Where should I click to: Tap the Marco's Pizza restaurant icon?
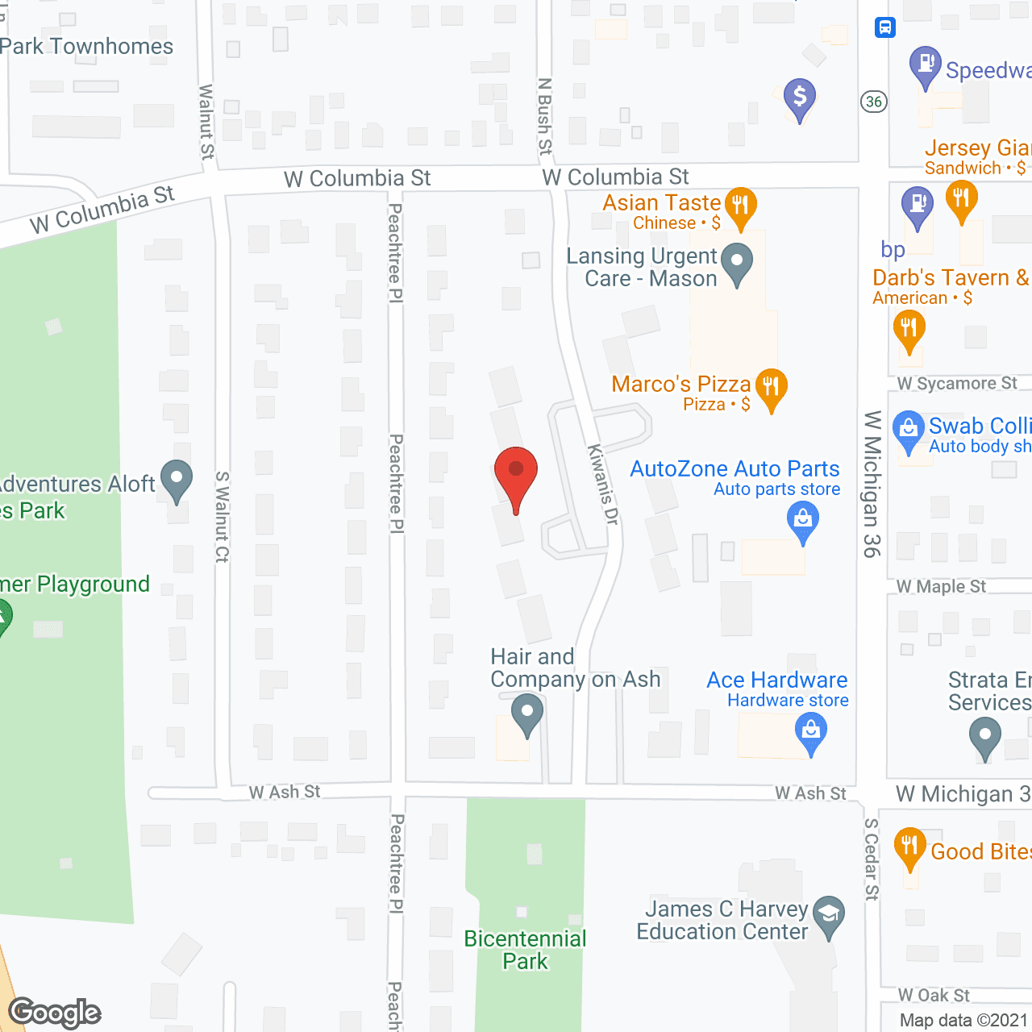coord(772,388)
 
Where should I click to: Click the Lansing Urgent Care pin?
coord(736,262)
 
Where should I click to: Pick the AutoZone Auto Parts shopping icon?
coord(803,520)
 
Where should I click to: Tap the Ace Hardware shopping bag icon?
coord(811,732)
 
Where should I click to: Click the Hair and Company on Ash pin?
coord(527,714)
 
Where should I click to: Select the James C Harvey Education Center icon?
coord(828,915)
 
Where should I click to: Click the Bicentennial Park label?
coord(526,950)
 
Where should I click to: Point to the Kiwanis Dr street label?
coord(602,485)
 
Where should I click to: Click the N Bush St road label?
coord(546,116)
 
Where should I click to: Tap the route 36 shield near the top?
coord(874,102)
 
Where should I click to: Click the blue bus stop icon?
coord(885,27)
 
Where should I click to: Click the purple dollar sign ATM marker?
coord(800,98)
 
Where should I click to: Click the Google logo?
coord(55,1013)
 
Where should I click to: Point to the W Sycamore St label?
coord(958,384)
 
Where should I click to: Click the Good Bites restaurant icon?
coord(909,847)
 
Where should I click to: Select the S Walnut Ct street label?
coord(223,517)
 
